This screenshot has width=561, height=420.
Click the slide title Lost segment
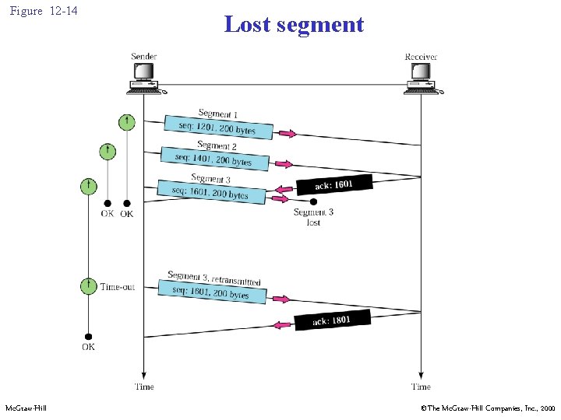[x=294, y=24]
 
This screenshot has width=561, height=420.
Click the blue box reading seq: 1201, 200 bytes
[x=219, y=127]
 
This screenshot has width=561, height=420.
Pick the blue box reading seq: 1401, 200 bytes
[x=215, y=159]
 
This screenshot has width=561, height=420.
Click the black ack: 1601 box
[x=333, y=184]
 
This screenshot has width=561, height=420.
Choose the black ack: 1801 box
[x=331, y=320]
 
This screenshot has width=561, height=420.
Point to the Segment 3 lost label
[x=313, y=217]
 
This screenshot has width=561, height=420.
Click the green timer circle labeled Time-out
[x=89, y=286]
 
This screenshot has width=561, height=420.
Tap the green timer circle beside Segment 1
[x=126, y=121]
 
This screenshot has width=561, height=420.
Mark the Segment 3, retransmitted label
[x=213, y=278]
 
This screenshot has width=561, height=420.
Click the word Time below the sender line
[x=144, y=387]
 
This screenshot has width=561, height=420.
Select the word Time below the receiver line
[x=421, y=387]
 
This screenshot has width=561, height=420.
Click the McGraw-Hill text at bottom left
[x=26, y=408]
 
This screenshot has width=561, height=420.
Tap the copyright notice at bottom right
[x=488, y=408]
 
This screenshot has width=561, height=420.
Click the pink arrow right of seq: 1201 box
[x=288, y=134]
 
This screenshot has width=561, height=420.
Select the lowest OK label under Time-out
[x=88, y=347]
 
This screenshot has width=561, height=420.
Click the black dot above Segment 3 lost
[x=313, y=201]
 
